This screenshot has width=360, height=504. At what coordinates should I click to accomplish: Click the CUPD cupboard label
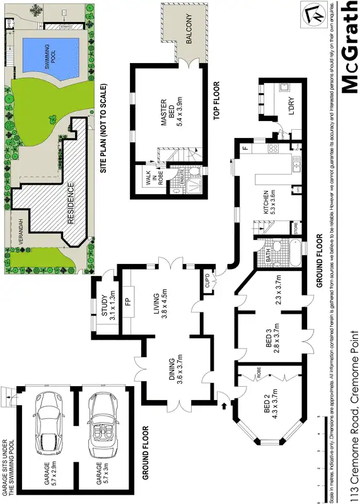[x=207, y=278]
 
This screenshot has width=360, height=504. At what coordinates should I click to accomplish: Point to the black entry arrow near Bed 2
[x=225, y=406]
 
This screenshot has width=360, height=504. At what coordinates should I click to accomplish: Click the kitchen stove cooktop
[x=273, y=149]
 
